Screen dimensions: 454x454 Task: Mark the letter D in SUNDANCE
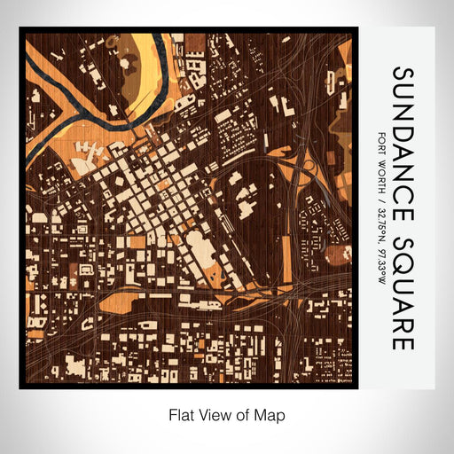click(x=403, y=130)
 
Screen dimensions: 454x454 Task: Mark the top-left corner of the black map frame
click(x=20, y=28)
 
